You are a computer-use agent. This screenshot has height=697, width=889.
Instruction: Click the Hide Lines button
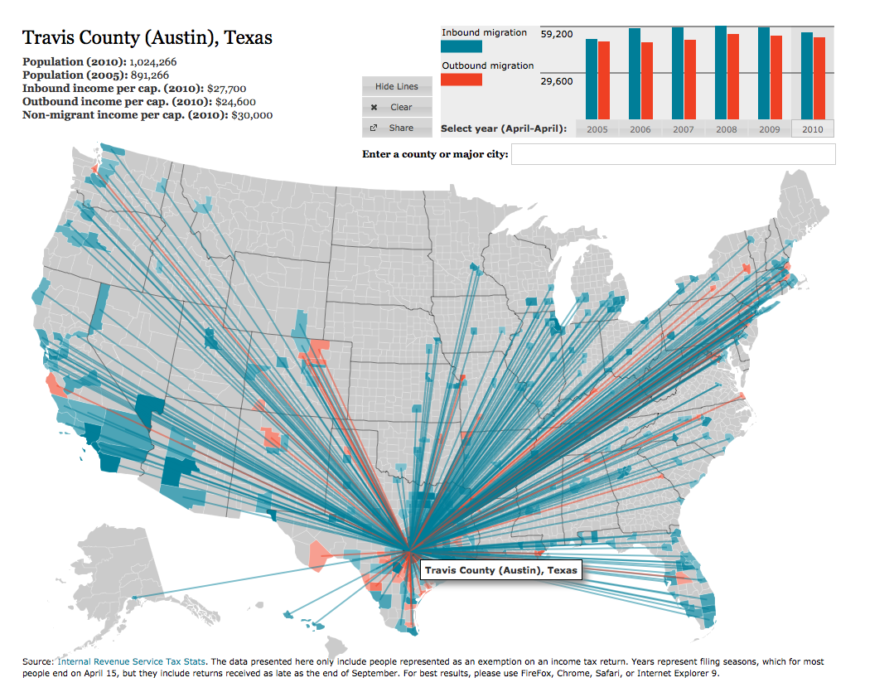(397, 86)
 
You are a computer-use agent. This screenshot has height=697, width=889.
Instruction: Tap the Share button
(397, 128)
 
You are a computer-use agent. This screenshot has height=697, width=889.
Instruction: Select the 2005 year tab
(597, 129)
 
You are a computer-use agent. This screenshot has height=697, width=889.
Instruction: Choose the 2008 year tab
(726, 129)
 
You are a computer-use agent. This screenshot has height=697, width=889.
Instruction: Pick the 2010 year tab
(812, 129)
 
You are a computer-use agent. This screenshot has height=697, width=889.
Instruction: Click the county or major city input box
(673, 154)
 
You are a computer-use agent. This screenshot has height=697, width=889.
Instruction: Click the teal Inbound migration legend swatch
(461, 46)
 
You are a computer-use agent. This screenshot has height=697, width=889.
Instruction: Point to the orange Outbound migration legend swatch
(461, 80)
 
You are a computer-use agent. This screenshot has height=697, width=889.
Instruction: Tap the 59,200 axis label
(556, 34)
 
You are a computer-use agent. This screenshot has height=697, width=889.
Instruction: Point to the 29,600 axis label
(556, 81)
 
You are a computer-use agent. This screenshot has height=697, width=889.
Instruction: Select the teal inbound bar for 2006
(635, 73)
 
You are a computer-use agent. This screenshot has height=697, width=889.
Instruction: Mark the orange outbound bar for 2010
(819, 77)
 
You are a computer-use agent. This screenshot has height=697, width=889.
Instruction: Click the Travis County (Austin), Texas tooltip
(500, 570)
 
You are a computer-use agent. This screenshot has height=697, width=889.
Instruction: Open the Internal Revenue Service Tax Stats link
(132, 661)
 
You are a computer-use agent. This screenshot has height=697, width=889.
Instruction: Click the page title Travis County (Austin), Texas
(147, 37)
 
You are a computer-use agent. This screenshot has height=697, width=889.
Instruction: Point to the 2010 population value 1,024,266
(153, 61)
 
